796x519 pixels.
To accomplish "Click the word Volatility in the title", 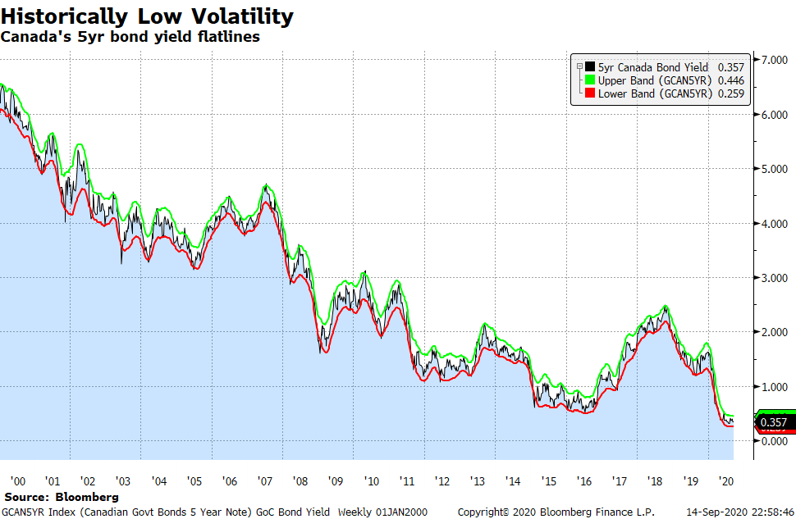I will click(x=231, y=16).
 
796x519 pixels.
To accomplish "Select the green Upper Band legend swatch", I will click(x=589, y=80).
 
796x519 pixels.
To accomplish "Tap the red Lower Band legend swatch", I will click(x=589, y=93).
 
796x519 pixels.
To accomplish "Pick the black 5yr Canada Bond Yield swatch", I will click(x=589, y=67).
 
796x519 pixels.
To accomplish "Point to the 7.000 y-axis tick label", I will click(x=775, y=61).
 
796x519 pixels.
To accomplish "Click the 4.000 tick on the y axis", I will click(x=775, y=223).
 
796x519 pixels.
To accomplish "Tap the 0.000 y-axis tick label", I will click(x=775, y=440).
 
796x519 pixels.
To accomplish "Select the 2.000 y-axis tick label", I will click(x=775, y=332).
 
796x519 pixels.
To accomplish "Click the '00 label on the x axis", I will click(x=16, y=481).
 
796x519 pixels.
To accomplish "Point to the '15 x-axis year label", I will click(x=549, y=481).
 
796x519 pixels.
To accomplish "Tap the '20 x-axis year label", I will click(x=726, y=481).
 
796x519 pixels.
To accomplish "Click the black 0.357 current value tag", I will click(x=774, y=423).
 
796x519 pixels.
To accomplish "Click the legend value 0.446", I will click(x=730, y=80).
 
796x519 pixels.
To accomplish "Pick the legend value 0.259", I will click(x=730, y=93).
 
